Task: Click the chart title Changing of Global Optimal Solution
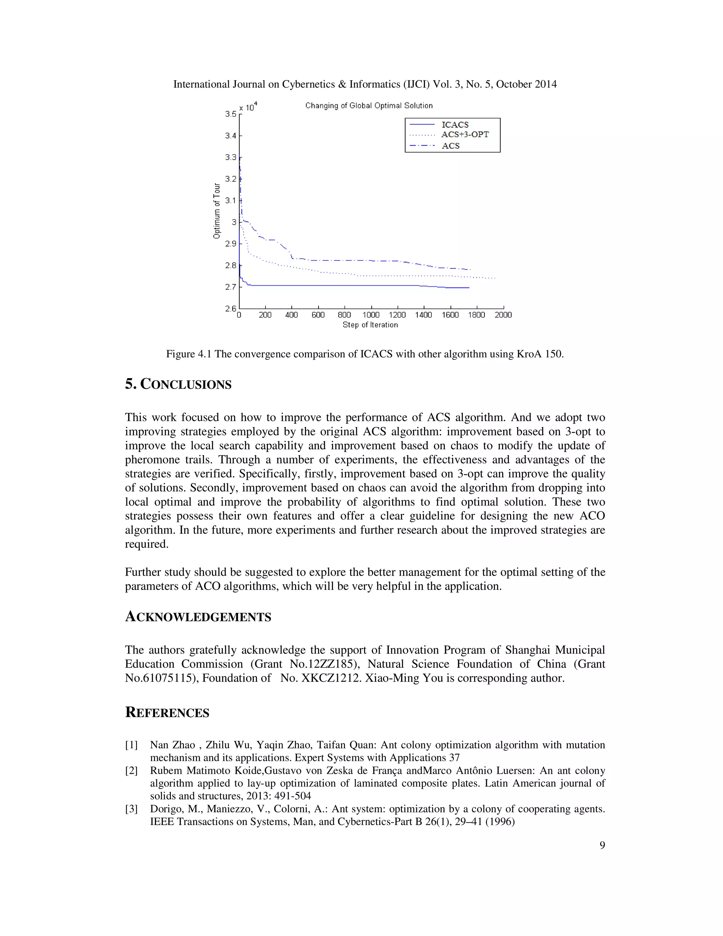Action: [369, 105]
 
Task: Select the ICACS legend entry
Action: [455, 125]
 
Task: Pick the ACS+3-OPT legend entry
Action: [465, 135]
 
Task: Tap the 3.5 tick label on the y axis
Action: [231, 114]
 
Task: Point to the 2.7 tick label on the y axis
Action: [231, 287]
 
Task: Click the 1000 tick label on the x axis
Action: [371, 315]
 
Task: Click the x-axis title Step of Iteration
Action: [370, 325]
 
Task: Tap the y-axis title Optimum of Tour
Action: [217, 211]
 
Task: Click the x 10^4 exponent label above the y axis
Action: [248, 107]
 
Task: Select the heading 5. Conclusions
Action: [178, 384]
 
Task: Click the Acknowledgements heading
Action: [198, 617]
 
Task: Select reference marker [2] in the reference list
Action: [131, 771]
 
